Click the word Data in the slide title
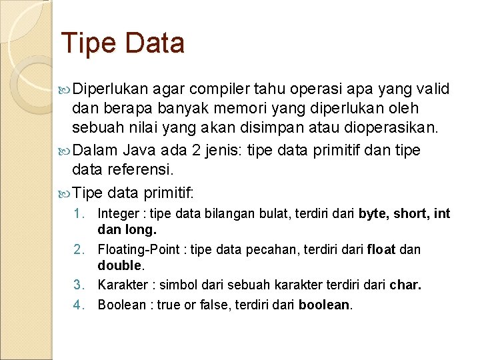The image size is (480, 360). click(x=155, y=43)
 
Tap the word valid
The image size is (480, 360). click(x=433, y=89)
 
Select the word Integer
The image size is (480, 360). click(x=118, y=214)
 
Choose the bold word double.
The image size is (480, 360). click(x=119, y=265)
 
